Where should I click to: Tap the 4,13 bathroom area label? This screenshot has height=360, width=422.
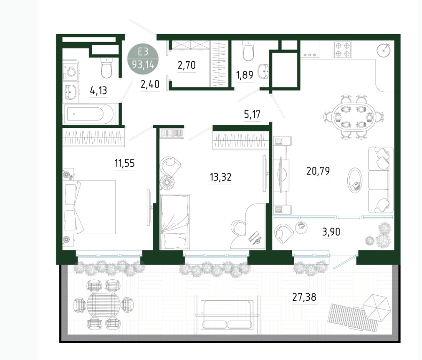click(x=98, y=91)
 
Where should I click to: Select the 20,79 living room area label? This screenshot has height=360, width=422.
click(x=318, y=171)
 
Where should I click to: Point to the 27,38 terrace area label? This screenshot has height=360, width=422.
click(x=304, y=297)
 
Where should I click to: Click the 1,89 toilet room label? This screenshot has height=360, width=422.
click(x=244, y=75)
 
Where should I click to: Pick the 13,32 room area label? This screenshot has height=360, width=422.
click(x=220, y=177)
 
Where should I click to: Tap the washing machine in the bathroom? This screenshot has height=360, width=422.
click(x=71, y=71)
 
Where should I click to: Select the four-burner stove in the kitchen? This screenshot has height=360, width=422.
click(x=343, y=50)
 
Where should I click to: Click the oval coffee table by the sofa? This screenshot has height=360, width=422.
click(x=355, y=180)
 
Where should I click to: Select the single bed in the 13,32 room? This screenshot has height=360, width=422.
click(x=174, y=221)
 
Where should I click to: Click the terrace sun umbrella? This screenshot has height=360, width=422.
click(x=377, y=307)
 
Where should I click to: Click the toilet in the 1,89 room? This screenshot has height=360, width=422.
click(x=248, y=51)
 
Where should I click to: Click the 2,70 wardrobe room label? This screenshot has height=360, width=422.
click(x=187, y=66)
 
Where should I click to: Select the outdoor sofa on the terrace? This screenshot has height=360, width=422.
click(x=227, y=315)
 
